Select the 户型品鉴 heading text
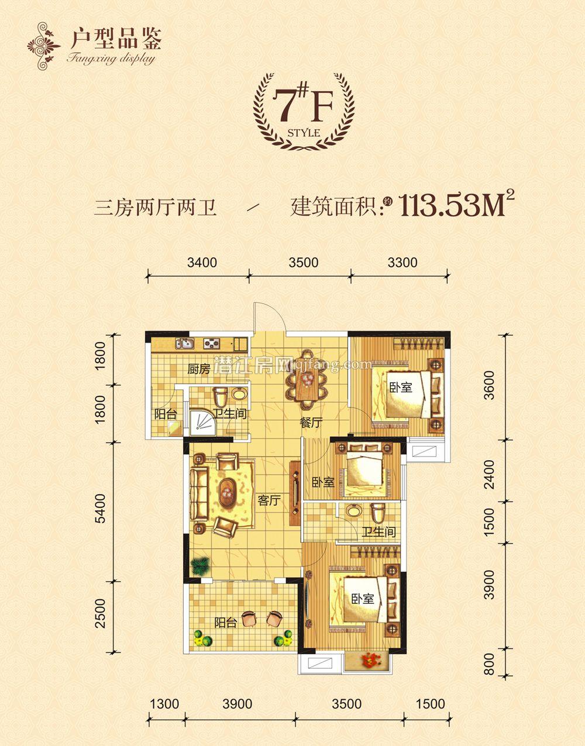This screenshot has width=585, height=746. [115, 39]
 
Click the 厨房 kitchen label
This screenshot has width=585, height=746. [198, 369]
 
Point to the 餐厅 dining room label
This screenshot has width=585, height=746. [311, 424]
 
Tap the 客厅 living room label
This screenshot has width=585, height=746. [270, 500]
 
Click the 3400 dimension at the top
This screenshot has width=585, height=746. [203, 263]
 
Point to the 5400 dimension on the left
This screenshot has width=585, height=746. [101, 510]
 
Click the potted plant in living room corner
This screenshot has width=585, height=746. [199, 565]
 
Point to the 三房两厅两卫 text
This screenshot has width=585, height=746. [155, 208]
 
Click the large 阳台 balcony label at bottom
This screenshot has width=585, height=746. [225, 623]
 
